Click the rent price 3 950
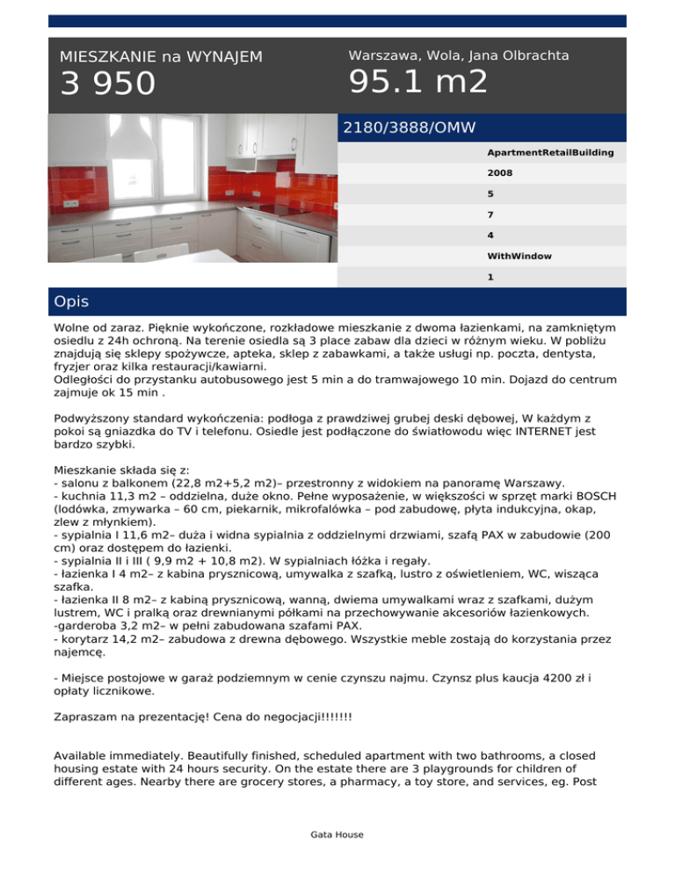pyautogui.click(x=107, y=84)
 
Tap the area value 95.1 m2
pyautogui.click(x=417, y=83)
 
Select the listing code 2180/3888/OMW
pyautogui.click(x=409, y=127)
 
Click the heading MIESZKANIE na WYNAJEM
pyautogui.click(x=161, y=57)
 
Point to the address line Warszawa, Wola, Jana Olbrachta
pyautogui.click(x=458, y=55)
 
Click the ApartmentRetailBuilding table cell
pyautogui.click(x=550, y=153)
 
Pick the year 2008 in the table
pyautogui.click(x=500, y=174)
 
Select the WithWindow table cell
pyautogui.click(x=519, y=256)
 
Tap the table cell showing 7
pyautogui.click(x=490, y=215)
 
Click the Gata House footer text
pyautogui.click(x=337, y=834)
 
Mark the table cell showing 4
pyautogui.click(x=490, y=235)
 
